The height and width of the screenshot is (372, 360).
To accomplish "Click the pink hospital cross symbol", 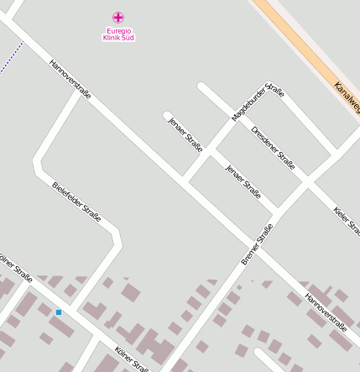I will [118, 17].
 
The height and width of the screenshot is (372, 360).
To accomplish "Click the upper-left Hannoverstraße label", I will [70, 79].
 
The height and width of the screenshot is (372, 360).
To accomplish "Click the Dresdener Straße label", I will [273, 148].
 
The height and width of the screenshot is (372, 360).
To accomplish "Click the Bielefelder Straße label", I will [76, 202].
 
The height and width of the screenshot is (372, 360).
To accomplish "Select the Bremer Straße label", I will [257, 244].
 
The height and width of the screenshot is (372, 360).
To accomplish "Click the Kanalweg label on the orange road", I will [347, 97].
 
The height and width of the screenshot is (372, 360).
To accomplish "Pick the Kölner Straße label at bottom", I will [133, 357].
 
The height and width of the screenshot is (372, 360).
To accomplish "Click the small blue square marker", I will [59, 312].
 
